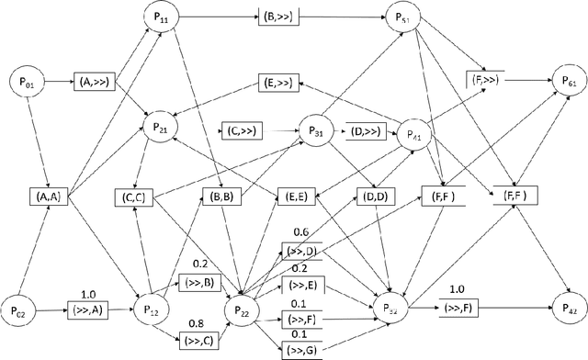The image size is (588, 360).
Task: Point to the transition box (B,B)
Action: (x=220, y=195)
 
